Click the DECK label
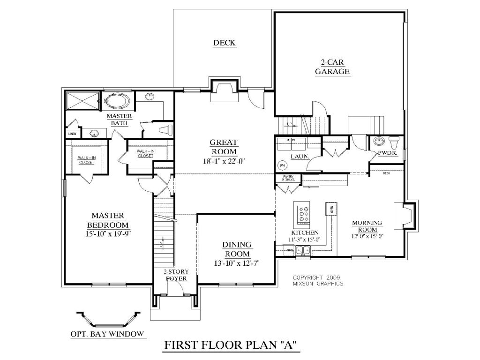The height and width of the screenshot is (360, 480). tap(224, 43)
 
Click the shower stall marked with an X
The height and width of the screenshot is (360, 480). tap(82, 101)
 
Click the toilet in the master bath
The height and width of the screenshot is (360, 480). tap(165, 129)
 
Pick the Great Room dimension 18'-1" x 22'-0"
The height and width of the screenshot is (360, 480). tap(224, 161)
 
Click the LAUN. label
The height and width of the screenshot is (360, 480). tap(299, 157)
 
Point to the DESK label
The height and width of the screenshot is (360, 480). tap(386, 173)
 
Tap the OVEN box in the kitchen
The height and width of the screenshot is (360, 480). tap(331, 209)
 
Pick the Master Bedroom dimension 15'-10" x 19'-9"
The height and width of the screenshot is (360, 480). tap(107, 233)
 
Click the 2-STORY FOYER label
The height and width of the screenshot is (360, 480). tap(175, 275)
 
